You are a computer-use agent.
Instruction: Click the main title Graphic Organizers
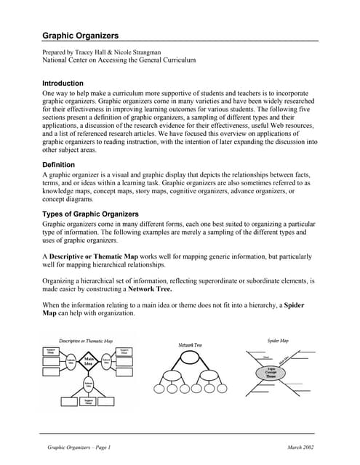[80, 35]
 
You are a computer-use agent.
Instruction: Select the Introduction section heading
[63, 84]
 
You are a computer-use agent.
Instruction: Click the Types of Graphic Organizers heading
[90, 214]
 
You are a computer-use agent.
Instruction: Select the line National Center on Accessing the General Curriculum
[119, 61]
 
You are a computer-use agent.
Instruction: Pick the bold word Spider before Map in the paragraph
[294, 304]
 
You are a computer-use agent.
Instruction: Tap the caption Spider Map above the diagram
[279, 340]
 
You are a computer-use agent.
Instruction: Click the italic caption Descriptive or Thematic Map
[86, 340]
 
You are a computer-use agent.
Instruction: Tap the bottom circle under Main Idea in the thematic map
[89, 384]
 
